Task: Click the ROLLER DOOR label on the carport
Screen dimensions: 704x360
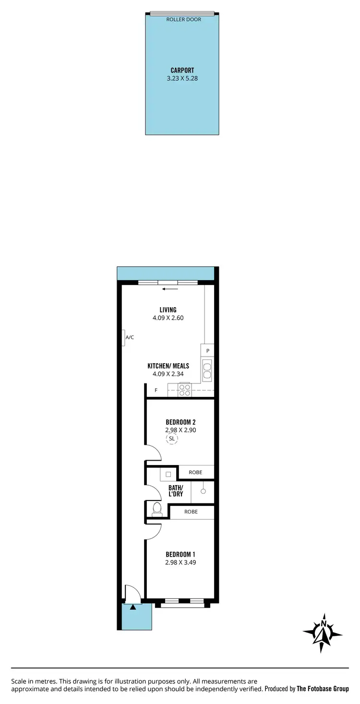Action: point(184,20)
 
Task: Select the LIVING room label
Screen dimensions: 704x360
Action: point(168,310)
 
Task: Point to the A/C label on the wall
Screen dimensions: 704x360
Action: point(130,337)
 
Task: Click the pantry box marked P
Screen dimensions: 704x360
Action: point(208,351)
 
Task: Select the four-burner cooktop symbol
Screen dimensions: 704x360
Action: point(185,390)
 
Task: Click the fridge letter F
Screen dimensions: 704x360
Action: point(156,390)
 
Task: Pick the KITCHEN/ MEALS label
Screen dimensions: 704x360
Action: point(168,366)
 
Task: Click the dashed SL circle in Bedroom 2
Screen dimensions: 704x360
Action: point(172,439)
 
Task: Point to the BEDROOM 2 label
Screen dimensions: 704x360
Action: point(180,422)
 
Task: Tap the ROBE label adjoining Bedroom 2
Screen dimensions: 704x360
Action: point(195,472)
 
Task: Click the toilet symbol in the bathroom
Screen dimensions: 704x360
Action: point(157,509)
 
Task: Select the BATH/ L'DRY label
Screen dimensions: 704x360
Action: point(175,490)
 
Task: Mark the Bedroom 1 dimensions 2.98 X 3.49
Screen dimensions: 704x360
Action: point(180,562)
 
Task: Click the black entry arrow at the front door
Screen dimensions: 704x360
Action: point(133,607)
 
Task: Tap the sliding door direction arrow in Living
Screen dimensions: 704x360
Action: point(170,289)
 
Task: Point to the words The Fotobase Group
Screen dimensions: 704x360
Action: point(323,689)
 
